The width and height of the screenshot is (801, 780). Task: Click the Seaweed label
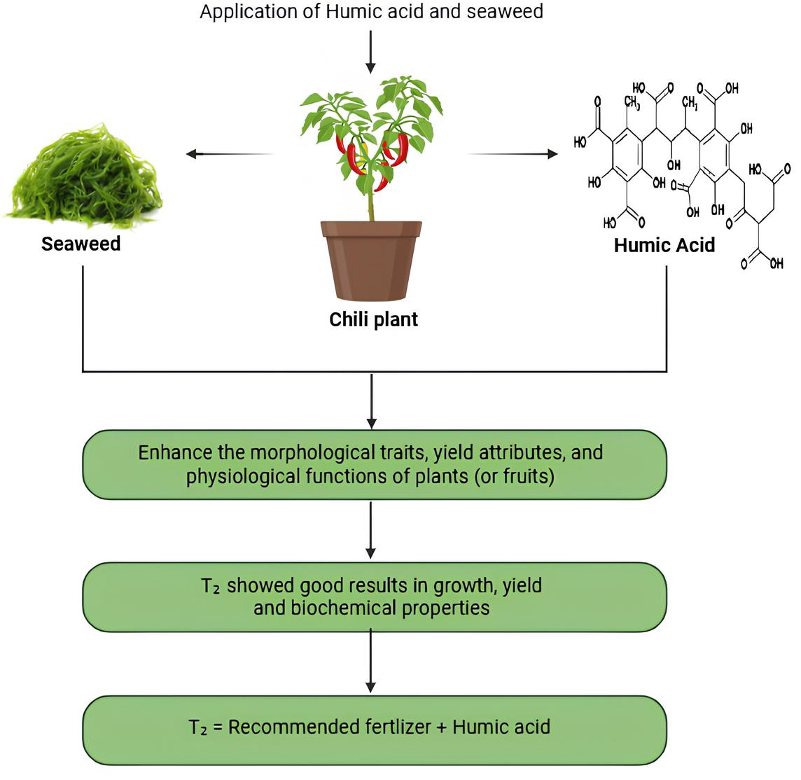[81, 244]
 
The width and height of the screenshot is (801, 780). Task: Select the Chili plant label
[373, 319]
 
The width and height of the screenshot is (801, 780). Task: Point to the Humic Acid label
[664, 245]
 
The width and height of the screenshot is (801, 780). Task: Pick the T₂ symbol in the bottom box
[197, 727]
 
